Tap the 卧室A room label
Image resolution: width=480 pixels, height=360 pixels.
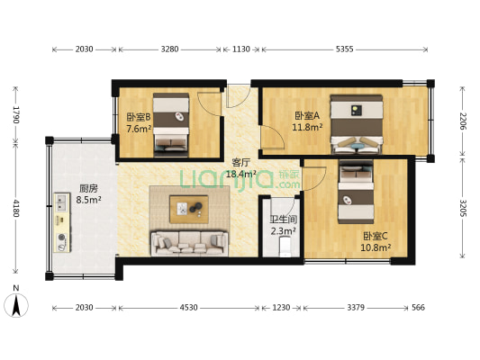307,115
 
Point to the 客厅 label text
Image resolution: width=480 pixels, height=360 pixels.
240,162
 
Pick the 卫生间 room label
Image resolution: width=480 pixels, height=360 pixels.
282,219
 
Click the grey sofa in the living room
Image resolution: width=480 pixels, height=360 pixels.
188,240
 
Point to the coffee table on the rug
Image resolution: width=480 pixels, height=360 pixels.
192,210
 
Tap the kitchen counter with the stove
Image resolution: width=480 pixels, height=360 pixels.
62,220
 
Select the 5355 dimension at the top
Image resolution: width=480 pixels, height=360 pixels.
344,49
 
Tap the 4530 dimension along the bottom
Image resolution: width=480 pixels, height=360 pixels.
187,308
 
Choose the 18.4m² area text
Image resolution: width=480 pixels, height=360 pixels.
240,174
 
